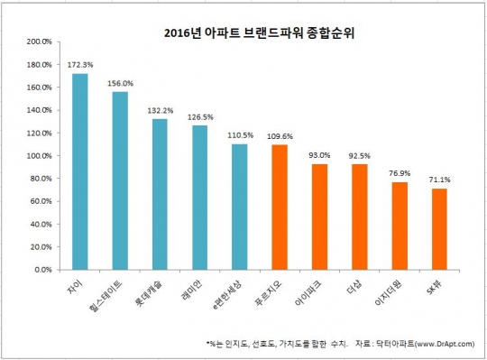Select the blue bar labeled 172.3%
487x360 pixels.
click(x=80, y=171)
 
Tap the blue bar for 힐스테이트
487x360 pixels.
click(x=120, y=180)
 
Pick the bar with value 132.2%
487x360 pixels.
click(x=160, y=194)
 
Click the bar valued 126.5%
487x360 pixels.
click(x=199, y=198)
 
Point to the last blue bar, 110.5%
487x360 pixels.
click(x=239, y=207)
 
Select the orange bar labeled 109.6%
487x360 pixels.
click(x=279, y=207)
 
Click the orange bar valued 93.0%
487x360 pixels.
click(x=318, y=217)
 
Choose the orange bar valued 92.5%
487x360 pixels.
click(x=359, y=217)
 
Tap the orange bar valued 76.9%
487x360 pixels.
click(x=399, y=226)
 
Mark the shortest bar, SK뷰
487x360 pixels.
click(x=438, y=229)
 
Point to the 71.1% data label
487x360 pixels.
click(x=439, y=180)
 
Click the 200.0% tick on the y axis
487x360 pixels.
click(x=40, y=42)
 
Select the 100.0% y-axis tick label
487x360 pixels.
click(x=40, y=155)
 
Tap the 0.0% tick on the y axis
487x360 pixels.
click(x=43, y=269)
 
